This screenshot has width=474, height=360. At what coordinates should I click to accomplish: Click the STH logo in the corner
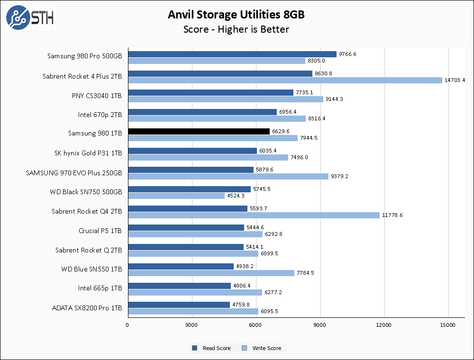click(30, 18)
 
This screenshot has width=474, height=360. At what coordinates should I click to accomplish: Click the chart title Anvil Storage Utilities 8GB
click(236, 15)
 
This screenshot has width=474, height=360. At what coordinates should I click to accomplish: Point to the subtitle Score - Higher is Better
click(236, 29)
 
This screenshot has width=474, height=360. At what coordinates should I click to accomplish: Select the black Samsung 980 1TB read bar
click(199, 131)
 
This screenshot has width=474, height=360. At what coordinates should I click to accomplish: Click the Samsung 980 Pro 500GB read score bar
click(232, 54)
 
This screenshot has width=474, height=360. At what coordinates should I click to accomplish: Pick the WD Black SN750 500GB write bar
click(176, 196)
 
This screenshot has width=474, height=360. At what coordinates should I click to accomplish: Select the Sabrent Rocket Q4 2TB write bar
click(254, 215)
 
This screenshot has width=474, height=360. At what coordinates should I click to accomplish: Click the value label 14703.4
click(455, 80)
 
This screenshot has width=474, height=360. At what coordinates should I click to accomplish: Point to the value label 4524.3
click(236, 196)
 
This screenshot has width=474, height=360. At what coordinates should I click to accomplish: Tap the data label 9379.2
click(340, 176)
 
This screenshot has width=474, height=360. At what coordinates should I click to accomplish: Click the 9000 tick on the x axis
click(320, 325)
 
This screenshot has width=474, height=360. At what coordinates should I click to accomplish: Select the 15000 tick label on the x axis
click(448, 325)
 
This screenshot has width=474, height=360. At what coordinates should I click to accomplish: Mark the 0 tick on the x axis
click(128, 325)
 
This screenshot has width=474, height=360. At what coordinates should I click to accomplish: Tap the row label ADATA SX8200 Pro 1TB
click(87, 308)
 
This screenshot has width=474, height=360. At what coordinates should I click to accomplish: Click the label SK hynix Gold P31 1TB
click(89, 153)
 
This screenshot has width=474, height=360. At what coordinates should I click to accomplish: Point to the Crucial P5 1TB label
click(100, 231)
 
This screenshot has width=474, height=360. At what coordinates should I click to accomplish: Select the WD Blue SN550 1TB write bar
click(211, 273)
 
